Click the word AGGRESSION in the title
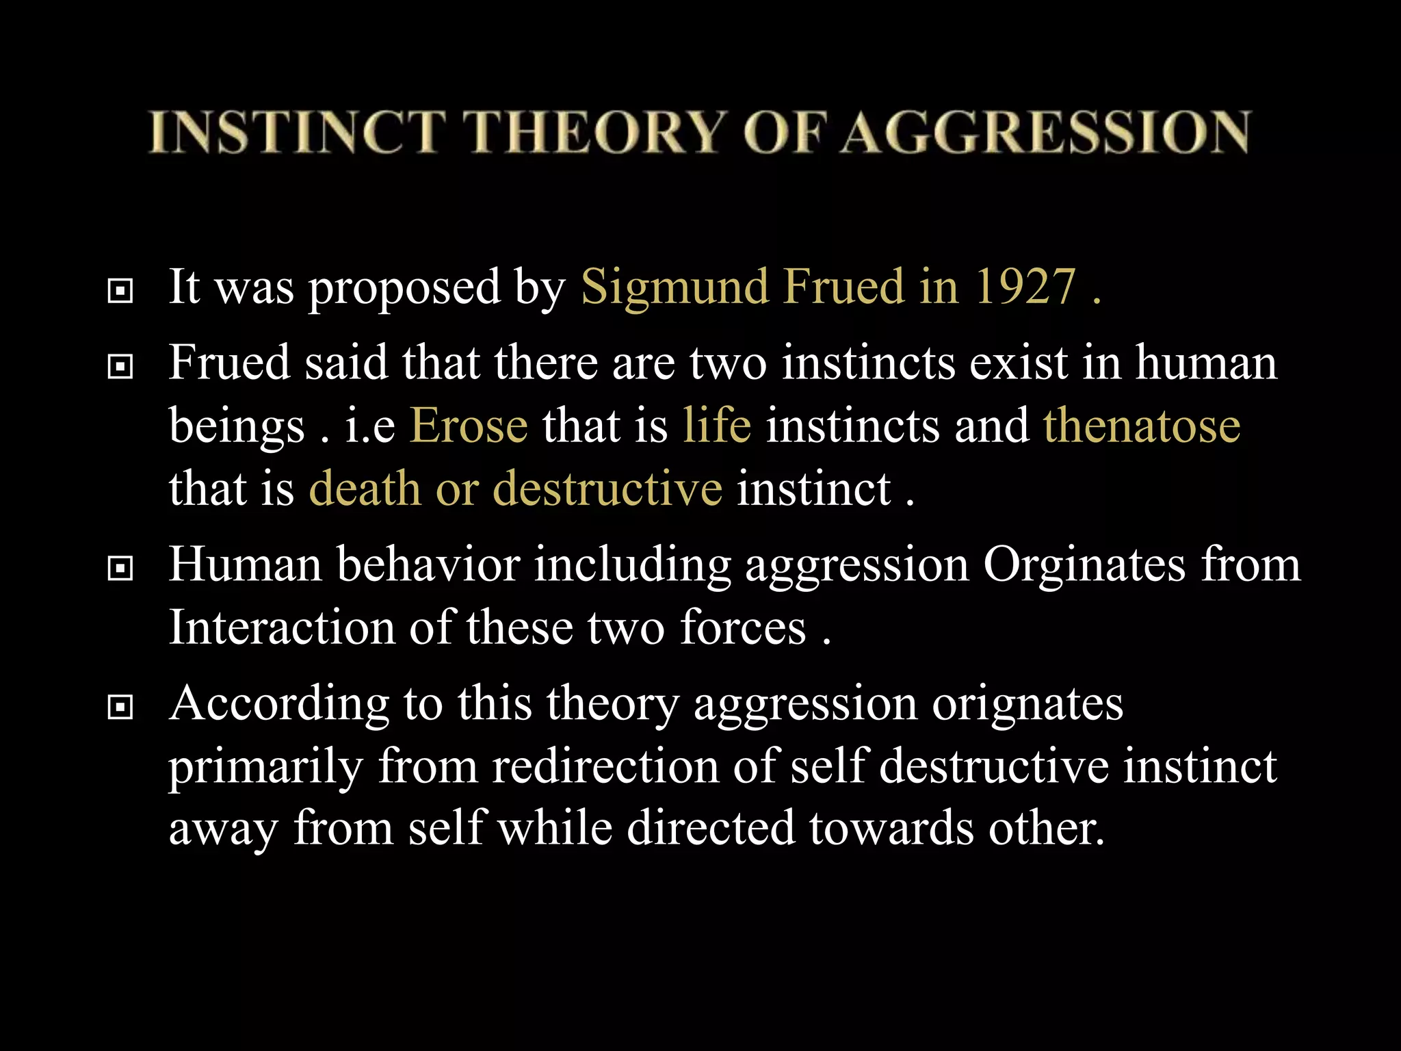click(1045, 132)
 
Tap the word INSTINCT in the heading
click(298, 132)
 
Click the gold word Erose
click(469, 426)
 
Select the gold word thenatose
click(1142, 426)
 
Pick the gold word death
click(365, 489)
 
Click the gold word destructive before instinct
click(607, 489)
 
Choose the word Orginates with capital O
click(1084, 565)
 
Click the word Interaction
click(282, 627)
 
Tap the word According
click(279, 705)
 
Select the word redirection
click(605, 766)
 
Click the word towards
click(891, 828)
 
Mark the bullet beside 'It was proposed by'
click(120, 291)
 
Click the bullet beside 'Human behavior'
click(120, 568)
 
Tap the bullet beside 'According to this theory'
click(120, 707)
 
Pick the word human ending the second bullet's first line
click(1207, 363)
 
